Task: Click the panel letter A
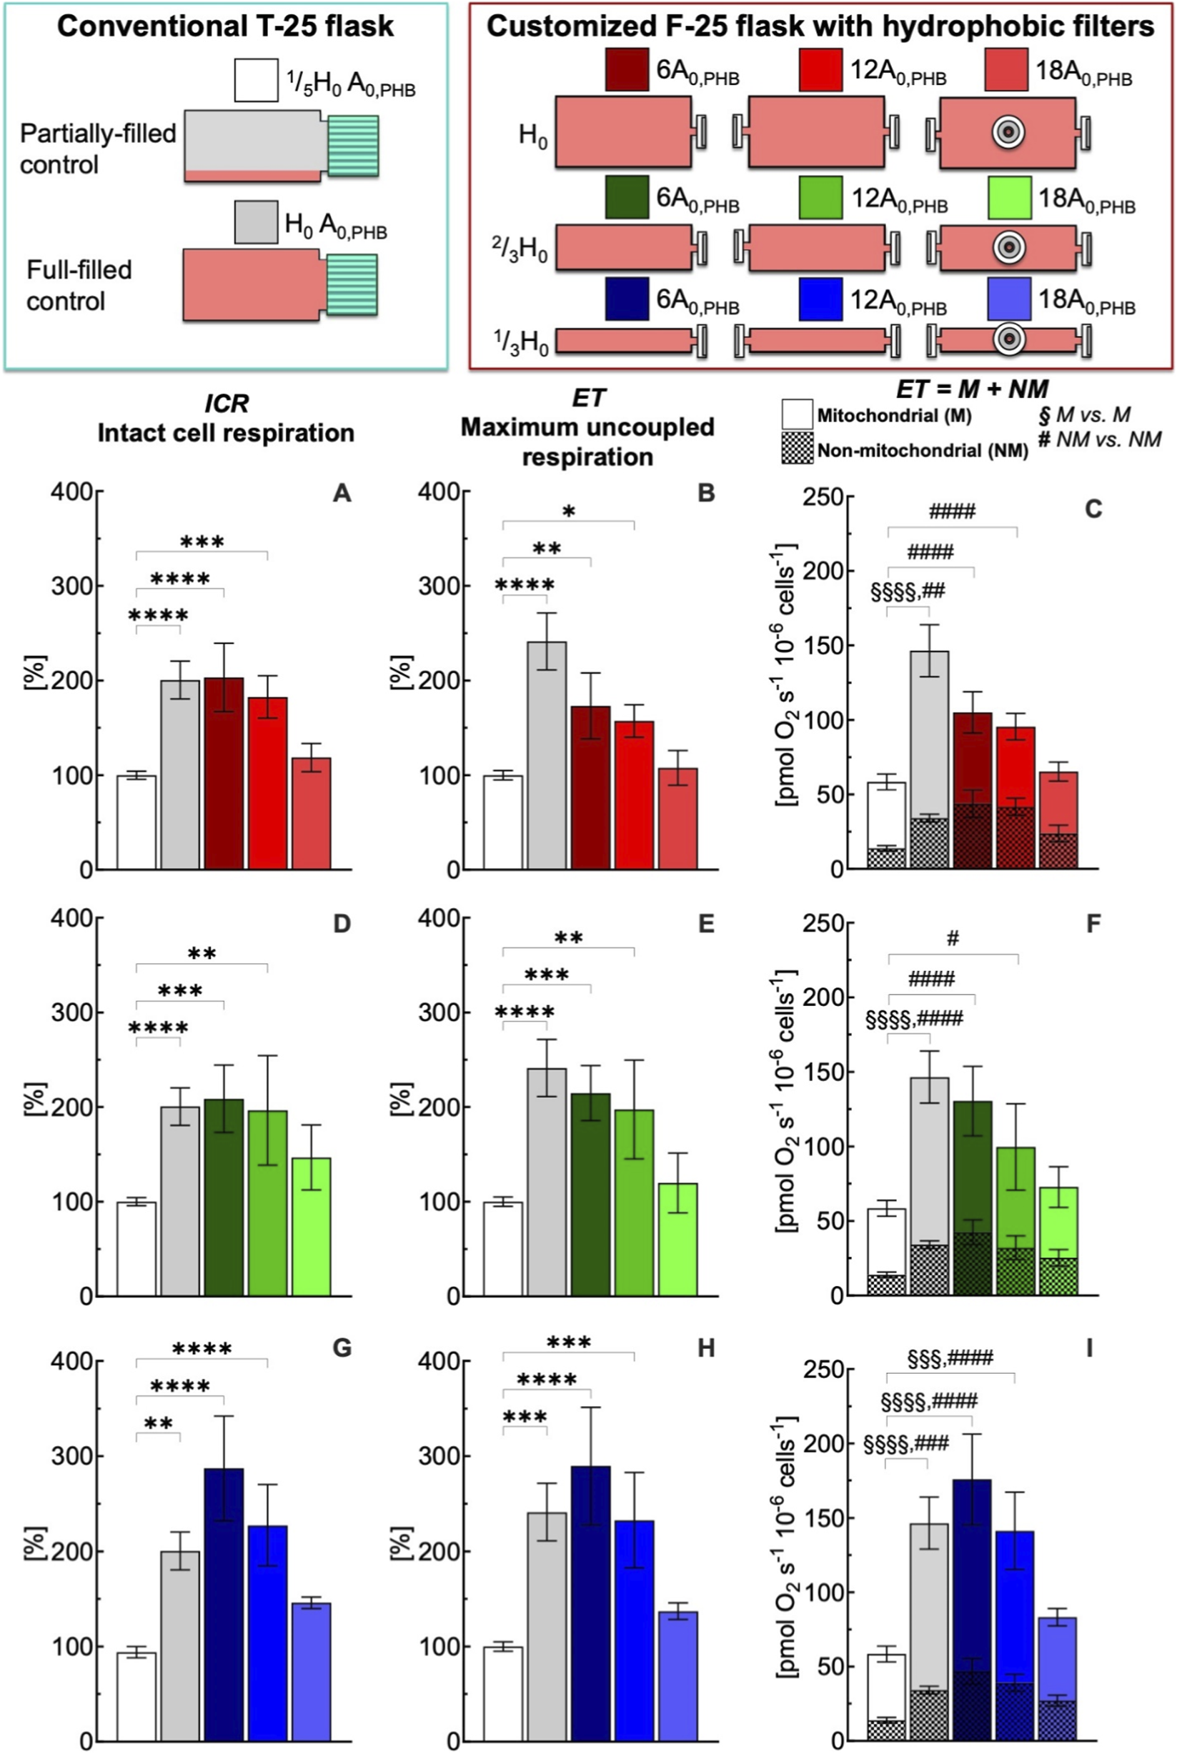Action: coord(342,494)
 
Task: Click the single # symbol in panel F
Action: coord(953,938)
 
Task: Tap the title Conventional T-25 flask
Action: coord(225,26)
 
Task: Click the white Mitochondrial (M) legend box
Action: coord(798,414)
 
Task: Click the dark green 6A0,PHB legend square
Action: coord(627,196)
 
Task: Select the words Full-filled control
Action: coord(79,285)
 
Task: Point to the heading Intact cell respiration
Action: coord(226,433)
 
